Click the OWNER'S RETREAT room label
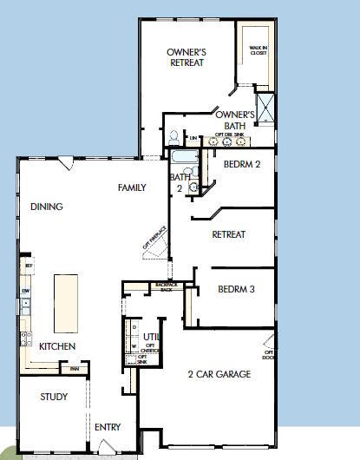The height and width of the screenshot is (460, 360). coord(186,57)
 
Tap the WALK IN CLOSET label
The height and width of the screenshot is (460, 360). coord(258,51)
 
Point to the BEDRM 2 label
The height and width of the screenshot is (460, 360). coord(243,163)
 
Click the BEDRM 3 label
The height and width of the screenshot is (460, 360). coord(236,289)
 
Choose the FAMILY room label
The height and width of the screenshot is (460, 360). coord(132,187)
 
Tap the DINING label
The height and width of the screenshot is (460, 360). coord(47,207)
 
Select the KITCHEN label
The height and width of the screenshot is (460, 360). coord(57,346)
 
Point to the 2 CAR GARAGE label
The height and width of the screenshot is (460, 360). coord(219,374)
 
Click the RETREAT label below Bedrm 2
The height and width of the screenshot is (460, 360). coord(229,234)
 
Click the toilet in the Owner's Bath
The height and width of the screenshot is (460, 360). coord(175,137)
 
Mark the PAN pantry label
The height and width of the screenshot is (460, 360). coord(75,369)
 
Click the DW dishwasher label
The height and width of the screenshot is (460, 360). coord(27,291)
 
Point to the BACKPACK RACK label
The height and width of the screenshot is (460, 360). coord(165,286)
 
